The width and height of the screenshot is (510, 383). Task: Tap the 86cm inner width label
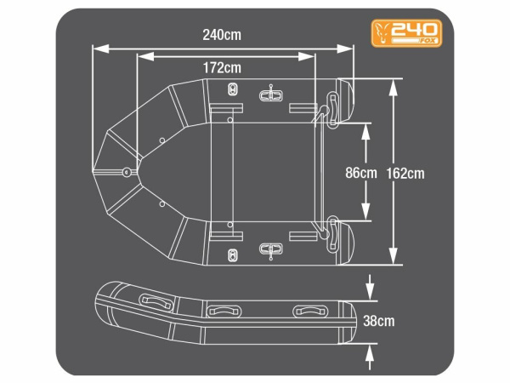(360, 173)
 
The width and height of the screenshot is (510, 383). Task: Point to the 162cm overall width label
(405, 173)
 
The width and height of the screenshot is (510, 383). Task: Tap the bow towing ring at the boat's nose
(127, 173)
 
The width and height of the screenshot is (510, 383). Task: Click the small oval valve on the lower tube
(234, 252)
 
